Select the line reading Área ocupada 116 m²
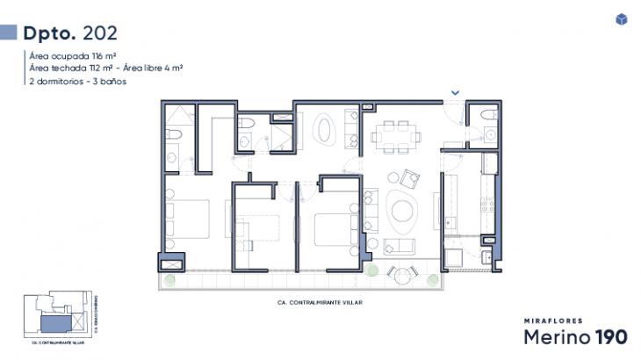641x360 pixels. pyautogui.click(x=67, y=55)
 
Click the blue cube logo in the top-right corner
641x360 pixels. pyautogui.click(x=622, y=19)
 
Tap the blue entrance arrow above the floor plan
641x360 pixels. pyautogui.click(x=455, y=92)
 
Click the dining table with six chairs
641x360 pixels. pyautogui.click(x=394, y=136)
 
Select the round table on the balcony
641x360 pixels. pyautogui.click(x=402, y=274)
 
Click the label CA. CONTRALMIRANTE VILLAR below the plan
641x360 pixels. pyautogui.click(x=313, y=302)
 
